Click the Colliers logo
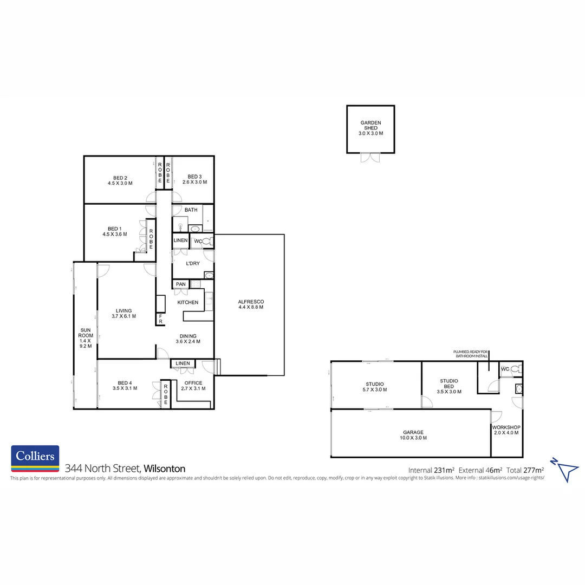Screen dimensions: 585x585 pos(35,458)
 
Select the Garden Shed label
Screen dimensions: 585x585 pos(370,128)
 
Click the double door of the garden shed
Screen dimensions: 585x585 pos(370,158)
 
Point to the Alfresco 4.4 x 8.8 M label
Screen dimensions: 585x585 pos(250,304)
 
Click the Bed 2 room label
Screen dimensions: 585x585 pos(120,180)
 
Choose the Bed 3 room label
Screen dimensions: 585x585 pos(194,180)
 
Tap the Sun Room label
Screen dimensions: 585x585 pos(86,337)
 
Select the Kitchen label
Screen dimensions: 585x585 pos(188,302)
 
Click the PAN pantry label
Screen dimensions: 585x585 pos(180,284)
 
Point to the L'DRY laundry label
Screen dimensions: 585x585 pos(192,263)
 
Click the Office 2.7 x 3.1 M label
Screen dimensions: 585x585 pos(193,386)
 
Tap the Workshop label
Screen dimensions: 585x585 pos(506,430)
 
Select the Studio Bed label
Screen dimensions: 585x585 pos(449,386)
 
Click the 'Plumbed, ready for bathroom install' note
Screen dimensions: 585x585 pos(471,354)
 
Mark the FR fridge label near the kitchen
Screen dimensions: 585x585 pos(161,320)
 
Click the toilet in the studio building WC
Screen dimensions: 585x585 pos(515,369)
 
